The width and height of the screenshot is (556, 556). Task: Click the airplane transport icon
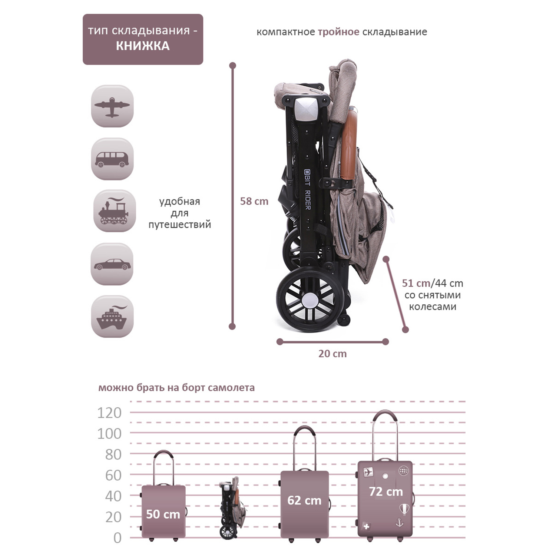112,106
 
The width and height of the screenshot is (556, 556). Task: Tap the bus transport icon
112,159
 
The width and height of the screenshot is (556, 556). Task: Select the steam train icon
114,211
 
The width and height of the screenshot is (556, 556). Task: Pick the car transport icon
112,264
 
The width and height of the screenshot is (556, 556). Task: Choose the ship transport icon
112,317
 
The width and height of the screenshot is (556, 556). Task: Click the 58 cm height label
254,201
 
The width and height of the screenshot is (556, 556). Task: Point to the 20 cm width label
332,354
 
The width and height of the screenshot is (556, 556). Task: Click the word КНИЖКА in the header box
143,46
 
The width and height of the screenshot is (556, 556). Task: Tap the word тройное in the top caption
338,32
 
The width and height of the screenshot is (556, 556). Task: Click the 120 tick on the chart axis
109,413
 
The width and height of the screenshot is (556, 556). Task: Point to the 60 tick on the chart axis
113,475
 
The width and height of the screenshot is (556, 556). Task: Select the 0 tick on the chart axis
118,538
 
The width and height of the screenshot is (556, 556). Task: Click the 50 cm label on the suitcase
163,514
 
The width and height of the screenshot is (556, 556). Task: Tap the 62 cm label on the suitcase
304,500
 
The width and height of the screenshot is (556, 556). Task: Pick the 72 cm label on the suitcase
386,492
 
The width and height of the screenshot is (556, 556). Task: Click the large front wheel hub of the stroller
310,301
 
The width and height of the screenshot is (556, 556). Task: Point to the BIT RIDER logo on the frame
307,189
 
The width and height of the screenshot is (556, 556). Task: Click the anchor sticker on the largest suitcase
399,523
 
